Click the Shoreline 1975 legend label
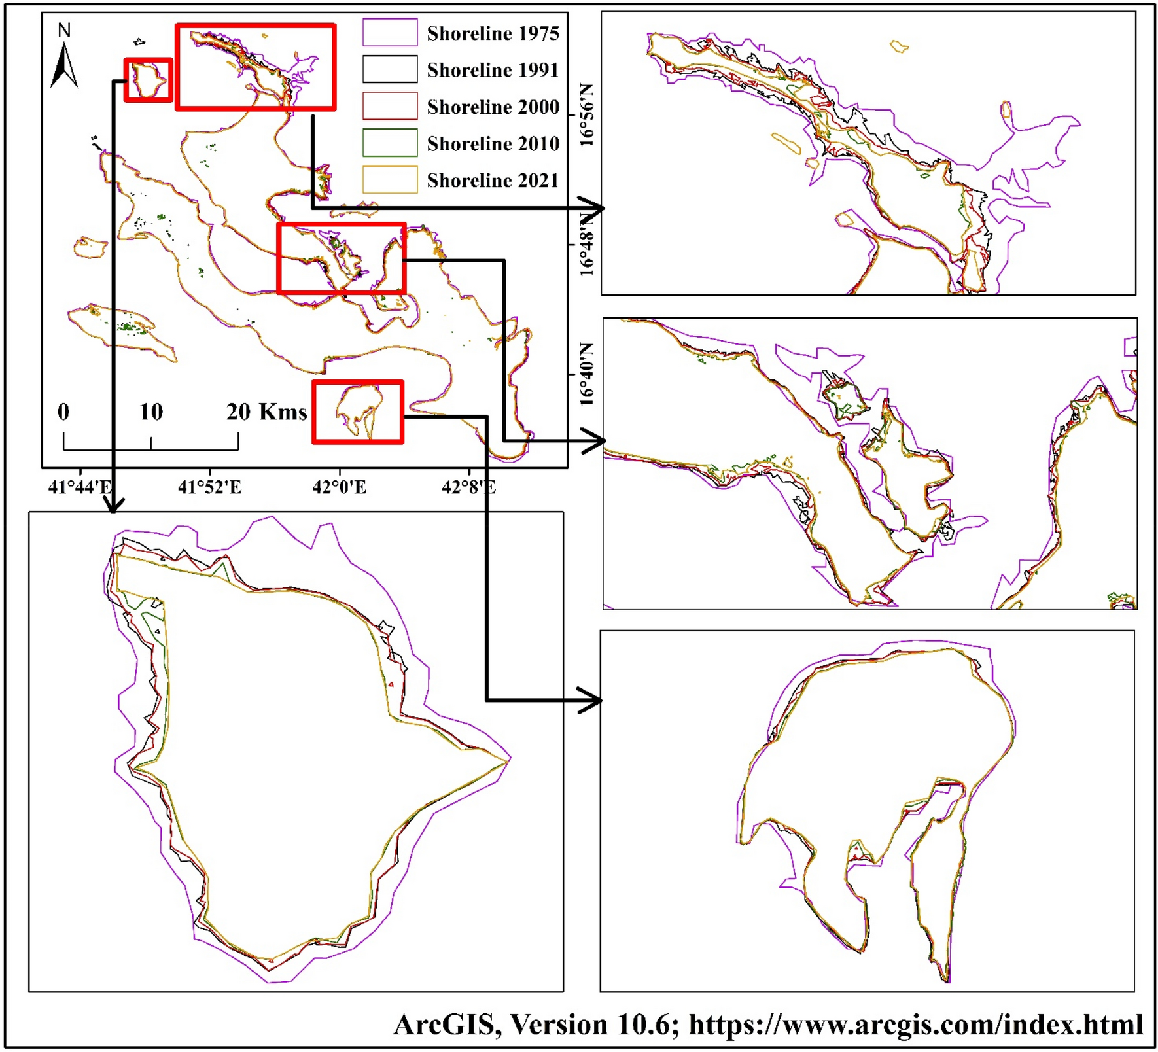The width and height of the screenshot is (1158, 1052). (493, 33)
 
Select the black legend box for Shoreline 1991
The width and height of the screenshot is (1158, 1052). (390, 69)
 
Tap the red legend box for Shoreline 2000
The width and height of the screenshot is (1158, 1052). (390, 106)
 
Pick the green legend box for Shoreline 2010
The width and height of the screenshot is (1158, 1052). (390, 143)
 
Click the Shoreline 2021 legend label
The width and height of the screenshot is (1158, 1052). (493, 180)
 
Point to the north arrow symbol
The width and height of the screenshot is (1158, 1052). (64, 65)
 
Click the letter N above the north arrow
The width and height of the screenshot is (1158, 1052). (64, 30)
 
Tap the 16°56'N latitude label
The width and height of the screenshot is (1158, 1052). (586, 115)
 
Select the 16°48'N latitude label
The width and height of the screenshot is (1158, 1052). (586, 244)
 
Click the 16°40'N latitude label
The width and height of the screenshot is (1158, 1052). (586, 374)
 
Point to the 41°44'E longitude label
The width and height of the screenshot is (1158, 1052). (80, 487)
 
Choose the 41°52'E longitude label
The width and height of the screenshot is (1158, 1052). (210, 487)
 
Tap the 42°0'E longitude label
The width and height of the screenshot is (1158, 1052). (340, 487)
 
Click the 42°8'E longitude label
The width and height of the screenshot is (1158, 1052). (468, 487)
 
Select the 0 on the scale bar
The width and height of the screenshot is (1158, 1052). (63, 412)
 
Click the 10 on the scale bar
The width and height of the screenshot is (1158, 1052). (150, 412)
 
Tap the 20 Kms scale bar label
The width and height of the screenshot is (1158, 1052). (266, 412)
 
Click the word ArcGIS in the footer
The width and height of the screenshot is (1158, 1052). (444, 1025)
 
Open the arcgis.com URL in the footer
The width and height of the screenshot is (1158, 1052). (916, 1025)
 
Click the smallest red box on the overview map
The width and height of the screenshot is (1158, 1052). (149, 80)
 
